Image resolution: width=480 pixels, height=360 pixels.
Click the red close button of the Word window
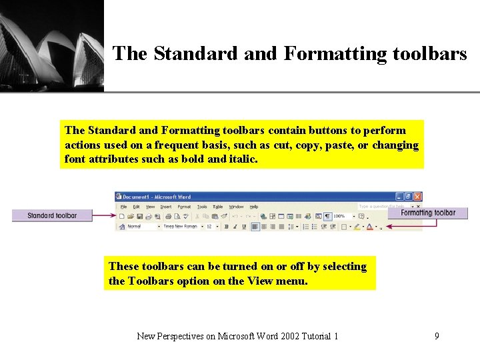417,197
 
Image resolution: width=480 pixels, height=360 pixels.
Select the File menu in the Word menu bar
123,207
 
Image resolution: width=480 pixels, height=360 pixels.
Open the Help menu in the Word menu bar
254,207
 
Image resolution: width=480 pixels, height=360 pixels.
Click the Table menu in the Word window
217,207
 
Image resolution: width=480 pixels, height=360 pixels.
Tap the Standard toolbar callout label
52,215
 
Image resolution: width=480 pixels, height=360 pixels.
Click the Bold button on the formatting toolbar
227,227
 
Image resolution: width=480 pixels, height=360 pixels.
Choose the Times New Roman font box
181,227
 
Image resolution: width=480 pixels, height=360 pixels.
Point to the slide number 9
437,336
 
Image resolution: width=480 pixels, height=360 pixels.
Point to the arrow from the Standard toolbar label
104,215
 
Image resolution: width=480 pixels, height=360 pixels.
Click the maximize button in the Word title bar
408,197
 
